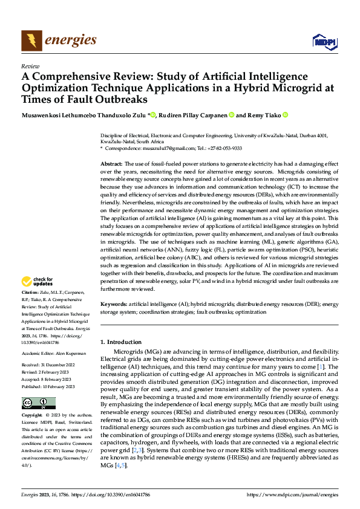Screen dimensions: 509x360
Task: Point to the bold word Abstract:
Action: [111, 164]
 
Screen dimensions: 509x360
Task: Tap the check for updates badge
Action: [37, 281]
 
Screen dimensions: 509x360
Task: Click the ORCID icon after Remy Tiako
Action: [284, 115]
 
